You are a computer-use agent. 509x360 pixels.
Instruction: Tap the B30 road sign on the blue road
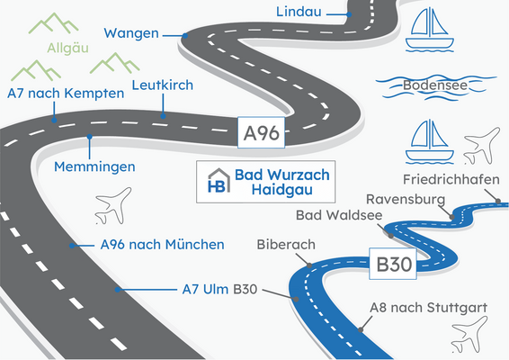395,265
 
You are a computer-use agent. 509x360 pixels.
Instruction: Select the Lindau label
299,13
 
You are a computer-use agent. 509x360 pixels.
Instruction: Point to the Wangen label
131,33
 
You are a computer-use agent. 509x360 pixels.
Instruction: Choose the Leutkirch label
162,85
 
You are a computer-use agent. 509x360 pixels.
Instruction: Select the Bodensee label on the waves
433,85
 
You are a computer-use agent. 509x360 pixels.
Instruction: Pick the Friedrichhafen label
451,178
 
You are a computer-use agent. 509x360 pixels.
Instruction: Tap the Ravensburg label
406,199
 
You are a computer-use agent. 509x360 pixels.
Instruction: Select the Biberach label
286,244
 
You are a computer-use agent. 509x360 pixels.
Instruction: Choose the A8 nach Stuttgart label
428,308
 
